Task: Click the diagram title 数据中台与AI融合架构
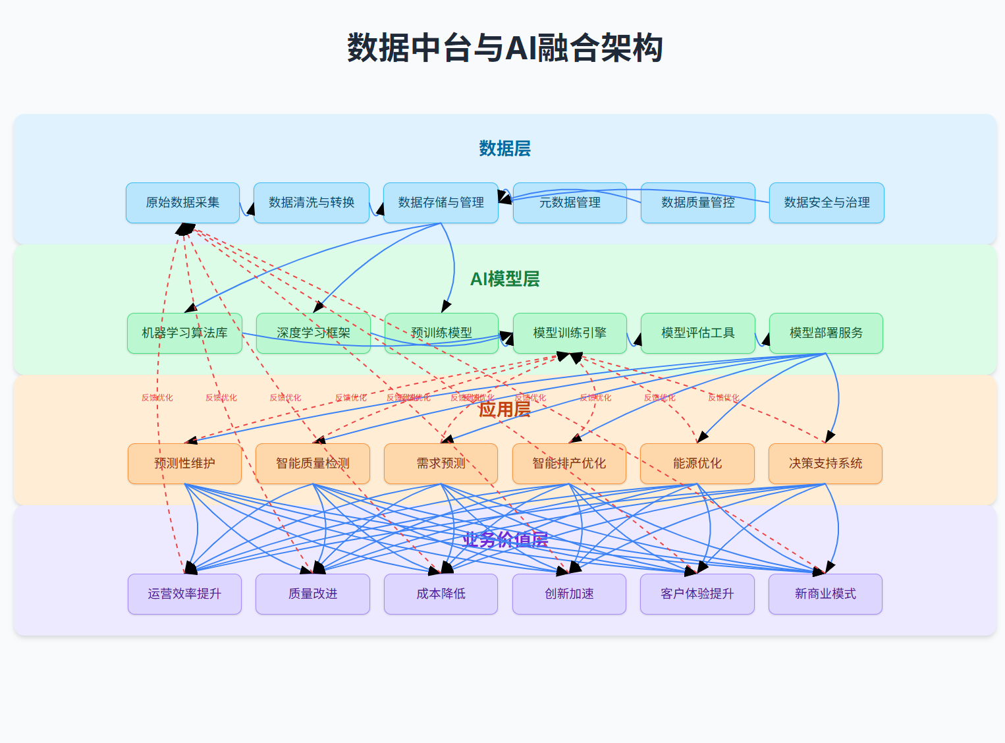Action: (x=504, y=48)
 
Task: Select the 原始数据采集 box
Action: (x=182, y=203)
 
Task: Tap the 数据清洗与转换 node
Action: (x=312, y=203)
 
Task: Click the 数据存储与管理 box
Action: (x=441, y=203)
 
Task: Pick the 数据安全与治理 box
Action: (x=827, y=203)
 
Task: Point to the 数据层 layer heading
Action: (x=504, y=148)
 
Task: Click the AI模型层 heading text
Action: (x=504, y=279)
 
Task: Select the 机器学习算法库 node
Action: (x=184, y=333)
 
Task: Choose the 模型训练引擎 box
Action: (x=570, y=333)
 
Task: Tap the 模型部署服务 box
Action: (x=826, y=333)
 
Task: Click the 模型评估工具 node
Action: (x=697, y=333)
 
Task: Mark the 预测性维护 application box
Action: (x=184, y=464)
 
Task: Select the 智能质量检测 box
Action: (x=313, y=464)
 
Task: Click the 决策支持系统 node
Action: (x=825, y=464)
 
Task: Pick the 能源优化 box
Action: (x=697, y=464)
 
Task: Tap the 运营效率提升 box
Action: (x=184, y=594)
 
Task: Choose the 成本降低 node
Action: (x=441, y=594)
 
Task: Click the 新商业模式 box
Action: (x=825, y=594)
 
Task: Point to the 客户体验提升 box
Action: (x=697, y=594)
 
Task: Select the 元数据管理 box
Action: (x=570, y=203)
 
